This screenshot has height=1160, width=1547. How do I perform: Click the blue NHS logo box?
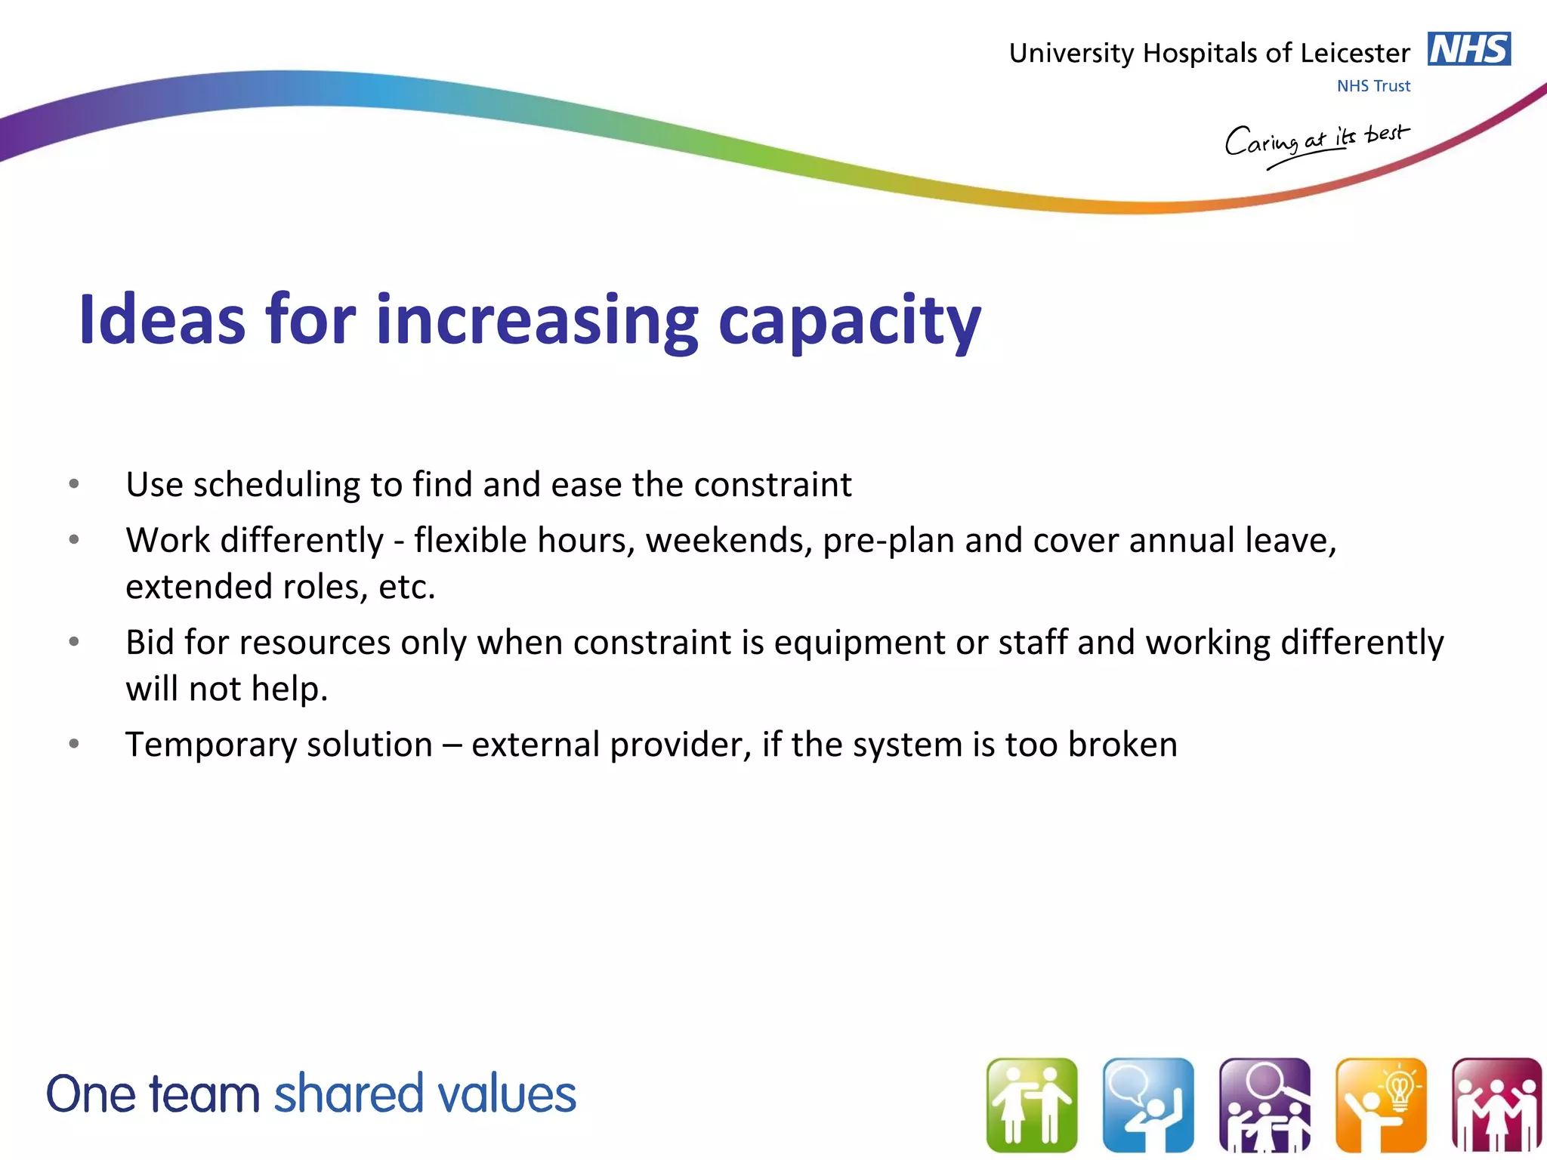[1468, 50]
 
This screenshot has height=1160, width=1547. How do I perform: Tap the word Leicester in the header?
[1355, 54]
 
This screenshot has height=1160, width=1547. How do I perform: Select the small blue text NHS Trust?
[1373, 86]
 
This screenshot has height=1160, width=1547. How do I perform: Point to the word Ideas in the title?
[162, 320]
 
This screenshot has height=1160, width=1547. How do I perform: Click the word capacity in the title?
[849, 323]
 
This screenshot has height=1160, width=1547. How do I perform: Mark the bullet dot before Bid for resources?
[74, 642]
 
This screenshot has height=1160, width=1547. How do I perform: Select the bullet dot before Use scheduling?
[74, 484]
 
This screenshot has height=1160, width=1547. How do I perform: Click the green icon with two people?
[1031, 1104]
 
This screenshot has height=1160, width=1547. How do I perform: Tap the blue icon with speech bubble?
[1147, 1104]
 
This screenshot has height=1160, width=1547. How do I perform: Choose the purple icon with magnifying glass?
[1264, 1104]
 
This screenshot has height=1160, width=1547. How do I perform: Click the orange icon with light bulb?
[1380, 1104]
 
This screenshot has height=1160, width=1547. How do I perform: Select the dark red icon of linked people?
[1496, 1104]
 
